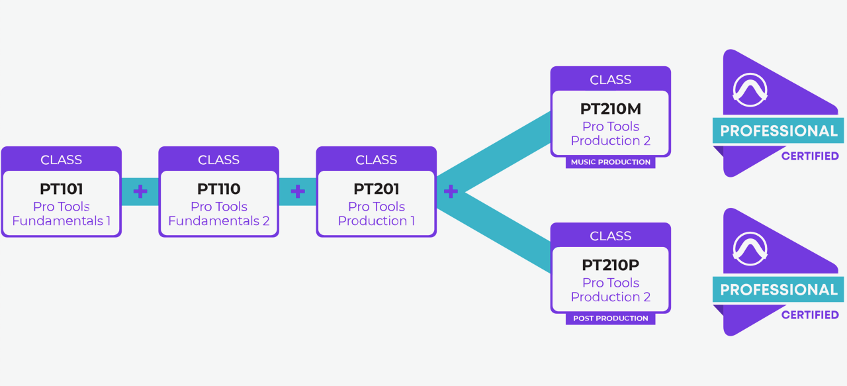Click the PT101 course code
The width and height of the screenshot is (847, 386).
click(x=61, y=189)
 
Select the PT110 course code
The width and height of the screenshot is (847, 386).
click(x=218, y=189)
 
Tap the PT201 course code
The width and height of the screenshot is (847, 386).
click(x=376, y=189)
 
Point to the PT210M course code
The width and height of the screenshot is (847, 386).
click(x=610, y=109)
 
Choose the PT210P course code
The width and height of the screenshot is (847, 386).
click(x=610, y=265)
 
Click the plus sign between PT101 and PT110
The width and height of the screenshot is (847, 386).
click(x=140, y=192)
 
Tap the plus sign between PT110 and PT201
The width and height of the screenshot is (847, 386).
click(x=298, y=192)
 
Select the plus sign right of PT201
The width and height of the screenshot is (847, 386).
click(x=451, y=192)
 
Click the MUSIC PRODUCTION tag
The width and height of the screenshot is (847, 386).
click(x=610, y=162)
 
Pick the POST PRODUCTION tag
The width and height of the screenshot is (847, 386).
click(x=610, y=318)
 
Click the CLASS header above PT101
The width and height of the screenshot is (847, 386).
click(x=61, y=160)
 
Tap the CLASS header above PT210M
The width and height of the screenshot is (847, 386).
click(x=610, y=79)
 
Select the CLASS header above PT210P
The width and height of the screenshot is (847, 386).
click(x=610, y=236)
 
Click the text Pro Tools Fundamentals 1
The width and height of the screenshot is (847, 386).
click(x=61, y=214)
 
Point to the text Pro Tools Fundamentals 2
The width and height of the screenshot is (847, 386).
click(x=218, y=214)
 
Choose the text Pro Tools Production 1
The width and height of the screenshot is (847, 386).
click(x=376, y=214)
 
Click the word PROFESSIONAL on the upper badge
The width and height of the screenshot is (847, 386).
click(x=778, y=130)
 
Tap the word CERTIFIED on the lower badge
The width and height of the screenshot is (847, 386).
click(x=810, y=315)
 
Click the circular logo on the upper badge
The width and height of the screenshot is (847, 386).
click(x=750, y=90)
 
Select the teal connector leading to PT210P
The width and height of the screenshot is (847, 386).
click(x=503, y=232)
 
